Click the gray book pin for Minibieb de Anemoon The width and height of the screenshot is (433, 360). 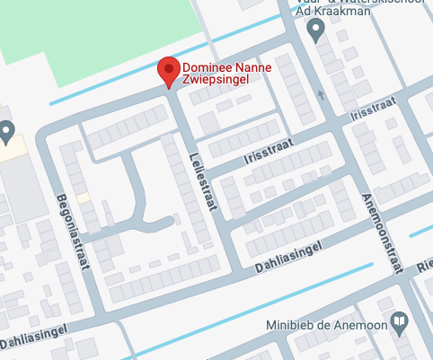[x=401, y=320]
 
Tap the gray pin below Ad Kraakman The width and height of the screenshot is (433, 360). [x=315, y=31]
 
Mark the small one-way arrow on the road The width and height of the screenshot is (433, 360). [x=321, y=93]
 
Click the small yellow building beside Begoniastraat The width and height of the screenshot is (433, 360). [x=83, y=198]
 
